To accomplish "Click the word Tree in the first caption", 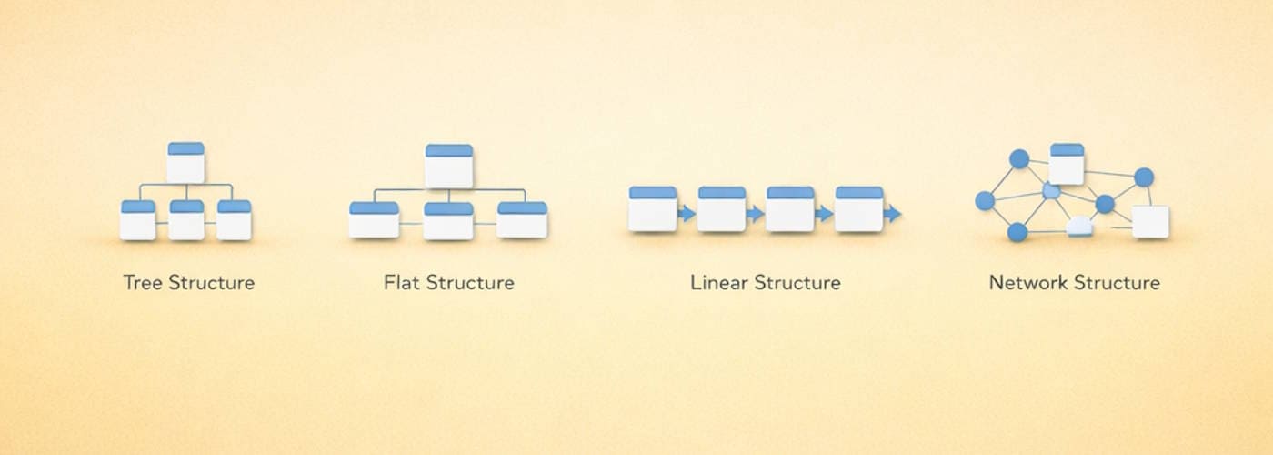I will pyautogui.click(x=142, y=283).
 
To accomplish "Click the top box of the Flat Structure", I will pyautogui.click(x=449, y=166).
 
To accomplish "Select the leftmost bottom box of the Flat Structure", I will pyautogui.click(x=374, y=220).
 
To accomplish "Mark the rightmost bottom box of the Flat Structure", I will pyautogui.click(x=522, y=220).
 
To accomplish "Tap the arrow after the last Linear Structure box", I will pyautogui.click(x=893, y=214).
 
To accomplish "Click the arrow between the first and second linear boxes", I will pyautogui.click(x=687, y=214).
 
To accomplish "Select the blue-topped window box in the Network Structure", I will pyautogui.click(x=1067, y=164).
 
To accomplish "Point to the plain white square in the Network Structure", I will pyautogui.click(x=1150, y=222).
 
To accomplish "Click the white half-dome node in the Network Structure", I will pyautogui.click(x=1079, y=227).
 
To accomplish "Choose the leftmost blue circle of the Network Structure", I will pyautogui.click(x=985, y=200).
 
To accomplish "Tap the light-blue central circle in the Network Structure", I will pyautogui.click(x=1051, y=191).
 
